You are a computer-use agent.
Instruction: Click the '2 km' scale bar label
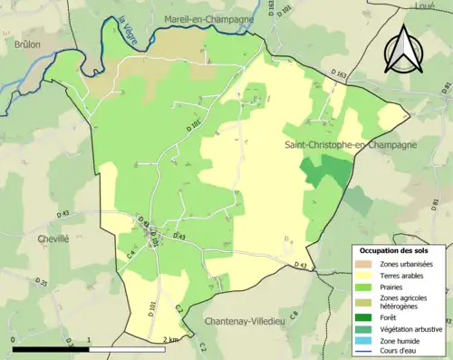pyautogui.click(x=170, y=339)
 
